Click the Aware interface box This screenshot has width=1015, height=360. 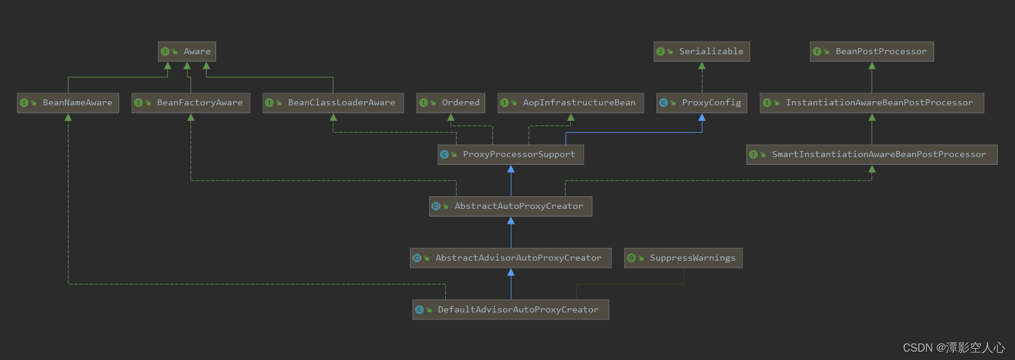[x=187, y=52]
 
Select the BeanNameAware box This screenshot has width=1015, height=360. [x=68, y=103]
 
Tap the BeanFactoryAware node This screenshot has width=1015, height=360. [x=190, y=103]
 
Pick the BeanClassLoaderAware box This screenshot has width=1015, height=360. [x=333, y=103]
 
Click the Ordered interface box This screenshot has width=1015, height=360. [x=451, y=103]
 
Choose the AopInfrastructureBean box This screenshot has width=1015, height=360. [x=570, y=103]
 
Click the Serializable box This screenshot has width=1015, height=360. [x=701, y=52]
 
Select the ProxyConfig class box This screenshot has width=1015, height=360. [x=701, y=103]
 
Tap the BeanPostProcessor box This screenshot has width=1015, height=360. [x=872, y=52]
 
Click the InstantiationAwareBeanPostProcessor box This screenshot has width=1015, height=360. [x=872, y=103]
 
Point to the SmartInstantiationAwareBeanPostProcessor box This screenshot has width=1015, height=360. [x=872, y=155]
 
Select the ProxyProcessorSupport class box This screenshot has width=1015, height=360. [x=510, y=155]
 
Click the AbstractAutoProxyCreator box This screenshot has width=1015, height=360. [x=510, y=206]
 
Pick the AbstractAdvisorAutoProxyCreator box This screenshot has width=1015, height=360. [x=510, y=258]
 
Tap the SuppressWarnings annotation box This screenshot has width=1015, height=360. [x=683, y=258]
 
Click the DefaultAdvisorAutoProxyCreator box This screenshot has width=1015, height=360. [x=510, y=310]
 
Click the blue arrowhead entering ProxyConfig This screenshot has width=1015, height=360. [x=702, y=117]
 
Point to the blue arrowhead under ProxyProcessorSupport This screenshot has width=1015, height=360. [x=511, y=169]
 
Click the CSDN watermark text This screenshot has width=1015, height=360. [x=953, y=348]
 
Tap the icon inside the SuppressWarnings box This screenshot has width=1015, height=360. [x=632, y=258]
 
